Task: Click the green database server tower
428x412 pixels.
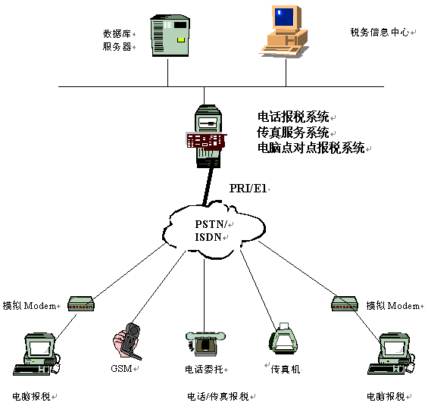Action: point(170,36)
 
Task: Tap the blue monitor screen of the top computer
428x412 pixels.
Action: point(284,17)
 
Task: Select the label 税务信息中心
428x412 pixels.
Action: point(380,33)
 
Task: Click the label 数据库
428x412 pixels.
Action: point(117,34)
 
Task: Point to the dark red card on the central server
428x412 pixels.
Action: point(206,141)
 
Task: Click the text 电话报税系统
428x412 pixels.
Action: point(293,117)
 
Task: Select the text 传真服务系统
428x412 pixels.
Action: point(293,133)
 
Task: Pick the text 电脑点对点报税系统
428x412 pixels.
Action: point(311,148)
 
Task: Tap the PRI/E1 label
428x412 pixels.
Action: point(248,189)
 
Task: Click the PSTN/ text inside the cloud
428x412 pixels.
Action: point(211,224)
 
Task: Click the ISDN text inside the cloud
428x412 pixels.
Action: point(208,237)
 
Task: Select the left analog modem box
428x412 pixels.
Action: point(81,304)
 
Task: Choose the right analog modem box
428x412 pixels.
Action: point(345,304)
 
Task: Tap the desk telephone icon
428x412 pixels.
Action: point(205,344)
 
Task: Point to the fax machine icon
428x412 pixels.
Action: point(283,339)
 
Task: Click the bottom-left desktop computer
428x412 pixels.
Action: point(37,354)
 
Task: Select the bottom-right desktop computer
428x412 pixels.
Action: point(391,354)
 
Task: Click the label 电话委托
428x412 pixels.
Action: point(205,369)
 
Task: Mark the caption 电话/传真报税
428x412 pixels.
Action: point(218,396)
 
